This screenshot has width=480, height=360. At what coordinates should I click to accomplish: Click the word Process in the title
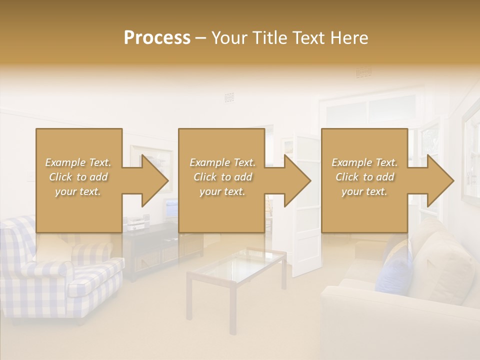pyautogui.click(x=156, y=38)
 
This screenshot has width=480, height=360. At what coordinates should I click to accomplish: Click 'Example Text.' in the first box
pyautogui.click(x=78, y=162)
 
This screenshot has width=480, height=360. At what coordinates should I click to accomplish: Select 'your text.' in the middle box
pyautogui.click(x=222, y=191)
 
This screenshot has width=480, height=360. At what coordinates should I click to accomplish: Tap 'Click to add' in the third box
pyautogui.click(x=364, y=177)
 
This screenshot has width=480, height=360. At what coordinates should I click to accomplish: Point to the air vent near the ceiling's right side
pyautogui.click(x=363, y=73)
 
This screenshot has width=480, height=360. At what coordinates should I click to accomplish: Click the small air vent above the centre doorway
pyautogui.click(x=229, y=97)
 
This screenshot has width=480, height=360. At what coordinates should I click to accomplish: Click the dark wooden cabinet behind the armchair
pyautogui.click(x=150, y=250)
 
